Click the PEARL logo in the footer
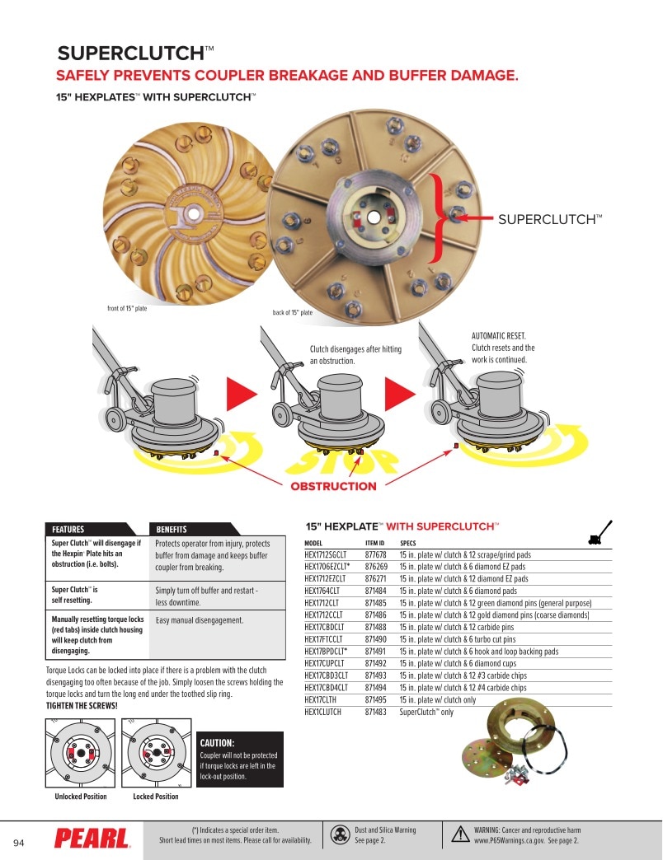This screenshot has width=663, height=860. pyautogui.click(x=92, y=839)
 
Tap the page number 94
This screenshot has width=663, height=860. pyautogui.click(x=19, y=843)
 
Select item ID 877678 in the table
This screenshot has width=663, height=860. pyautogui.click(x=376, y=554)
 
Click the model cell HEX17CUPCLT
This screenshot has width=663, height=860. pyautogui.click(x=324, y=663)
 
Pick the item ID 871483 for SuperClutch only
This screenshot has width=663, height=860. pyautogui.click(x=376, y=712)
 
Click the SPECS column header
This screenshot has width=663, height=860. pyautogui.click(x=408, y=543)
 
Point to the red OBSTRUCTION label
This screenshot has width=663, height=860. pyautogui.click(x=334, y=486)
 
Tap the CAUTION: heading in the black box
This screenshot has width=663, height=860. pyautogui.click(x=218, y=743)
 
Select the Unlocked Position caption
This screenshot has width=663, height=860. pyautogui.click(x=81, y=797)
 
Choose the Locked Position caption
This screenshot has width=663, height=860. pyautogui.click(x=156, y=797)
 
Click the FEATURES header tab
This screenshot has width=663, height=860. pyautogui.click(x=68, y=530)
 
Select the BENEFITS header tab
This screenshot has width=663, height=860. pyautogui.click(x=172, y=530)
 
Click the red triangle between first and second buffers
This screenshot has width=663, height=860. pyautogui.click(x=241, y=394)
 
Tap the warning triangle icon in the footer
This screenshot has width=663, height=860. pyautogui.click(x=460, y=834)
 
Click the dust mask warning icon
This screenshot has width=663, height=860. pyautogui.click(x=341, y=834)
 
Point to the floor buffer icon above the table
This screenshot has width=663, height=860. pyautogui.click(x=600, y=533)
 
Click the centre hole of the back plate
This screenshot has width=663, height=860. pyautogui.click(x=374, y=217)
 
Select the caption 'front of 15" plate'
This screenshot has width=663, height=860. pyautogui.click(x=127, y=308)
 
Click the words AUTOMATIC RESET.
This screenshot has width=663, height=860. pyautogui.click(x=498, y=335)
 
